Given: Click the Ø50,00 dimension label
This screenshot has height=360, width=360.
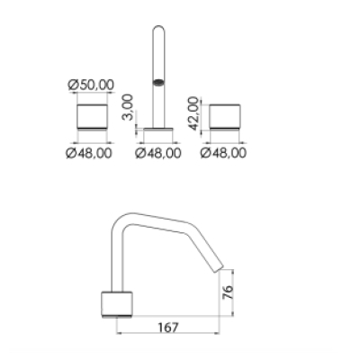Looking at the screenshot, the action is point(91,85).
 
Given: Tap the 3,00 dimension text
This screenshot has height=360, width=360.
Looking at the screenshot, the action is point(128,107).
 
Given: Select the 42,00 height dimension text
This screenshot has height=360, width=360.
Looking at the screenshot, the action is point(194,113).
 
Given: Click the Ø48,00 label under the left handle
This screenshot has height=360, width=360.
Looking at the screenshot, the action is point(89,153).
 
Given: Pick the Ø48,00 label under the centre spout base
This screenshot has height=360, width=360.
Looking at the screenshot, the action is point(158,153).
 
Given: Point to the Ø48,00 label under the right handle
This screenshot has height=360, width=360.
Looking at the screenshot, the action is point(223,153).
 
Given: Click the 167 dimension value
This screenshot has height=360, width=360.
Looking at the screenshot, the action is point(168,328).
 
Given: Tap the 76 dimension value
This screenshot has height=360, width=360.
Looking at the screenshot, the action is point(228,292).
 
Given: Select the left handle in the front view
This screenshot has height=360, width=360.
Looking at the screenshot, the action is point(92,117).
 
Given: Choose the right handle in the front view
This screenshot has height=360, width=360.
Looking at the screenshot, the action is point(225,117).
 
